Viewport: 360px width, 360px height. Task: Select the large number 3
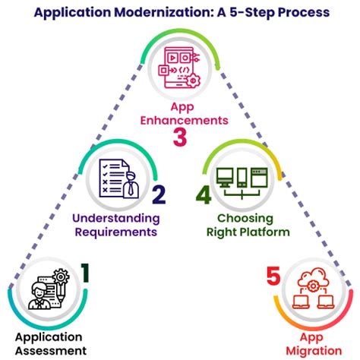179,137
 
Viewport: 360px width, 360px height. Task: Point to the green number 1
85,271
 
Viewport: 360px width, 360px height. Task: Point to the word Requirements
116,232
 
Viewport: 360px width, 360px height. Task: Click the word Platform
264,232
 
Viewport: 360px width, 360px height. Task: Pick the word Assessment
49,350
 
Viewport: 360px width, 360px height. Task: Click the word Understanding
116,218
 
